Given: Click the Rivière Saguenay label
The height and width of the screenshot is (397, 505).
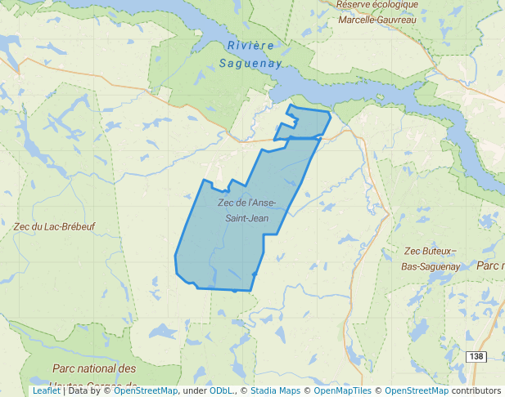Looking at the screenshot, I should (x=250, y=53).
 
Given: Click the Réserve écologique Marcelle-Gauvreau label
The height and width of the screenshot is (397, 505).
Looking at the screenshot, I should (x=376, y=11).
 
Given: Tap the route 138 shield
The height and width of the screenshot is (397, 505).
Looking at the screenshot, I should (x=476, y=356).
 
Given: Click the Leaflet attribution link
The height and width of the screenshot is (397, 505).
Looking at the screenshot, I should (x=46, y=390).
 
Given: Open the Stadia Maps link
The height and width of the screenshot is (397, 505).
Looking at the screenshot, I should (x=275, y=390).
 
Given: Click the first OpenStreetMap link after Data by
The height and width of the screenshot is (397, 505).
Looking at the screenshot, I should (x=146, y=390).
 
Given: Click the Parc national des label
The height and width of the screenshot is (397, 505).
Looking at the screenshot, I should (x=94, y=369).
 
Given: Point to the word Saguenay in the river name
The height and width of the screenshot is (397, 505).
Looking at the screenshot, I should (x=250, y=62).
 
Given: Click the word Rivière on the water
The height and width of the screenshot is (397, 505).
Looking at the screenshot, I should (x=251, y=45).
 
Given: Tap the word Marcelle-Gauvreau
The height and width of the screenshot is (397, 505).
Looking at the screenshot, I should (x=376, y=19).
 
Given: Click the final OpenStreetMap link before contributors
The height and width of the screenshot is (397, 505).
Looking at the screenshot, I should (x=416, y=390).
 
